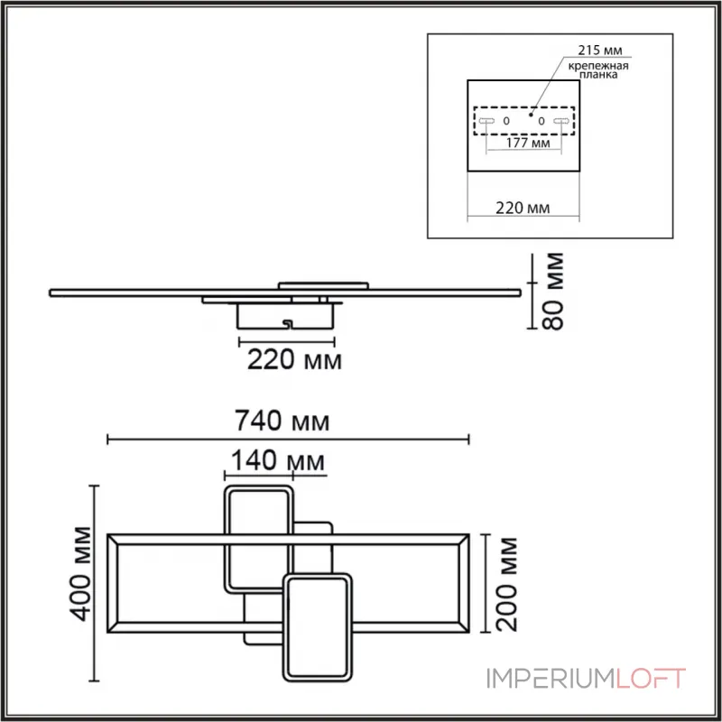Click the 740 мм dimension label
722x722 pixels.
tap(282, 421)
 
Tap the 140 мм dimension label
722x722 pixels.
tap(278, 460)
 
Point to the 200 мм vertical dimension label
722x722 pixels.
tap(507, 584)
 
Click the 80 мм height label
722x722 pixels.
tap(552, 291)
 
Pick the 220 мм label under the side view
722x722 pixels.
tap(295, 359)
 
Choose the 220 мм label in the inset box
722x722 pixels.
tap(523, 208)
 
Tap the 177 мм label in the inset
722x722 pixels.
tap(528, 143)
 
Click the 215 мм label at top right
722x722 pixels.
tap(600, 51)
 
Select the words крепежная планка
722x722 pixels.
tap(598, 70)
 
